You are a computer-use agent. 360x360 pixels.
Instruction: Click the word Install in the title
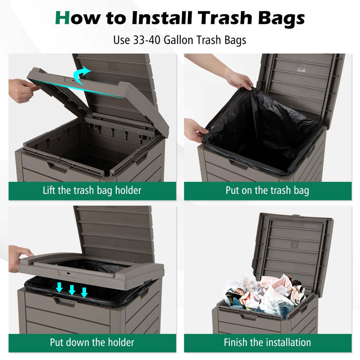click(x=161, y=18)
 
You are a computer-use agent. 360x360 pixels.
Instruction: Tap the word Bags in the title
click(x=278, y=18)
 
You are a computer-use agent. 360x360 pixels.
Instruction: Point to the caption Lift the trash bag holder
click(x=92, y=191)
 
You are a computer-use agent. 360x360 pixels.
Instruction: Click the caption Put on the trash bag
click(x=267, y=191)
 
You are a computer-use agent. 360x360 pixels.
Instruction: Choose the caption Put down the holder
click(x=92, y=342)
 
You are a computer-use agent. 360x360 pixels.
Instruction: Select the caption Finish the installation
click(x=267, y=342)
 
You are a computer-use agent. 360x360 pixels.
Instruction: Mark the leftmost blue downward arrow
click(x=60, y=288)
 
